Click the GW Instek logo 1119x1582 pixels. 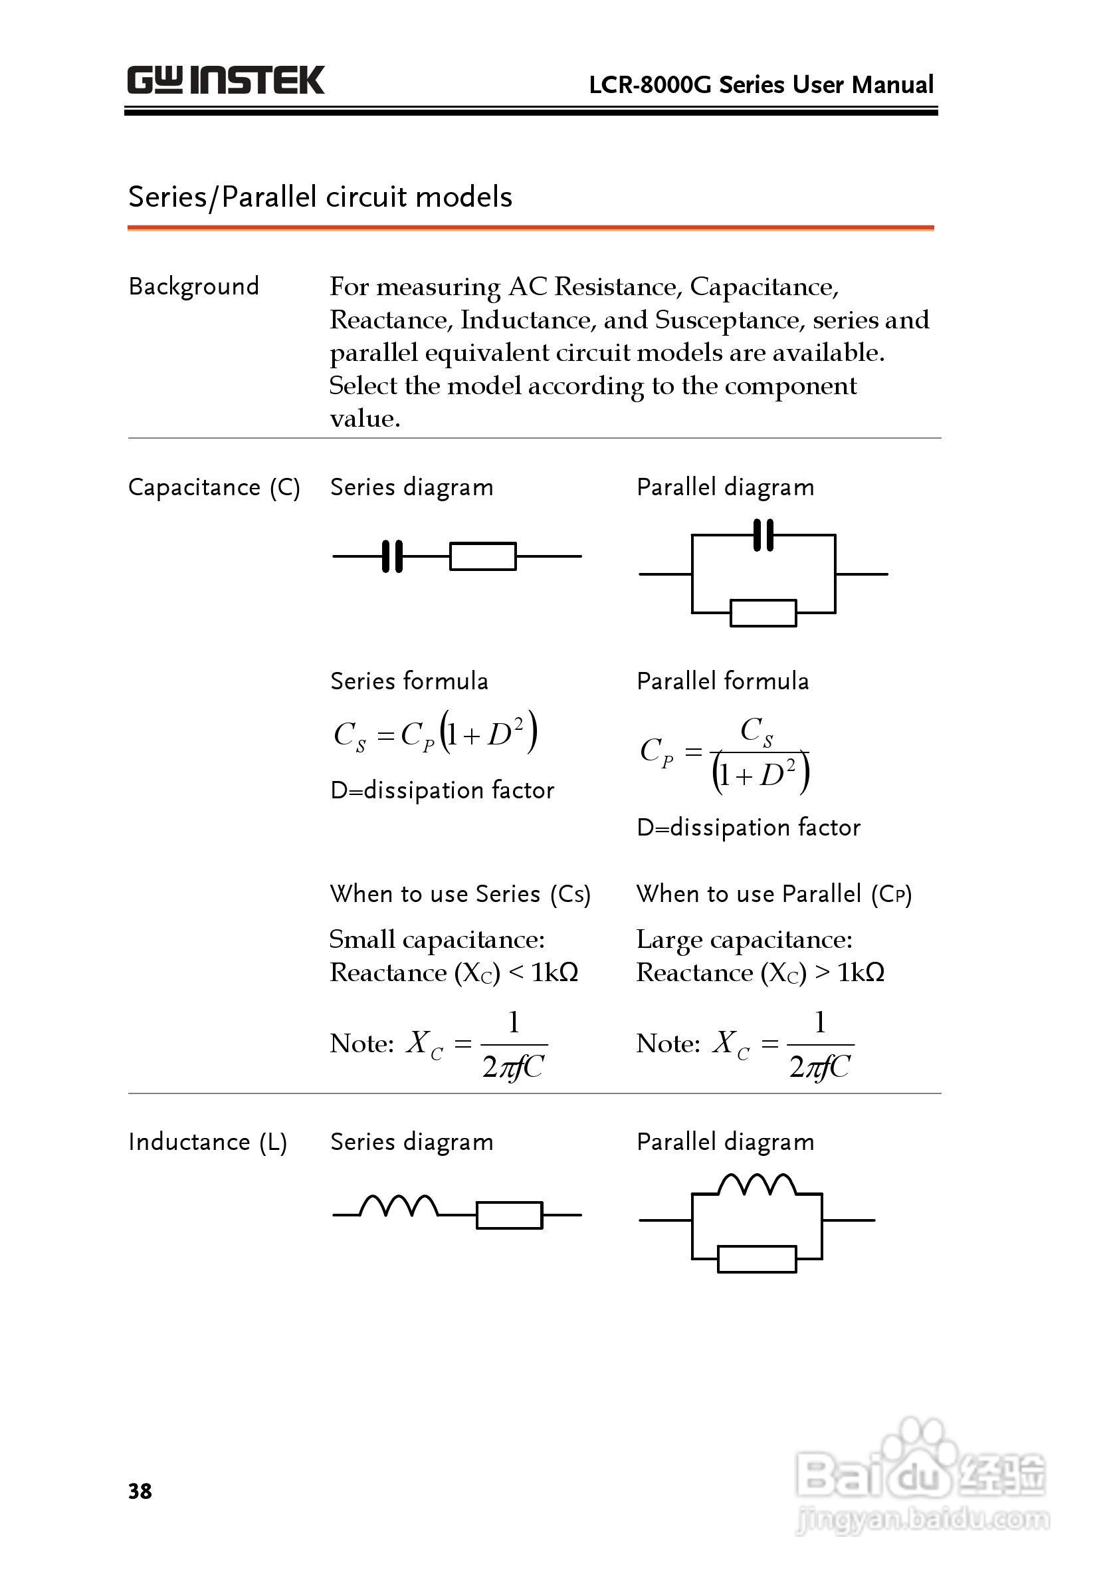(x=225, y=80)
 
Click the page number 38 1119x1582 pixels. (x=140, y=1491)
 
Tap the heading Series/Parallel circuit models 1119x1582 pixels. (x=320, y=197)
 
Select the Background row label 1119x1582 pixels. (x=193, y=286)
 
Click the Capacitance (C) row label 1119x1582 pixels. (x=213, y=487)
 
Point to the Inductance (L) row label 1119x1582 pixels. (x=207, y=1142)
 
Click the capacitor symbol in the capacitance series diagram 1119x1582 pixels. (x=392, y=556)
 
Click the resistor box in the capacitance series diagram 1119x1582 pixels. (x=482, y=556)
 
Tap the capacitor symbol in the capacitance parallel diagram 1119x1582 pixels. (x=763, y=535)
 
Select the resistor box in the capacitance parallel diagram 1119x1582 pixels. (x=763, y=613)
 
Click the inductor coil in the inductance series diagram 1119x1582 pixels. (x=398, y=1206)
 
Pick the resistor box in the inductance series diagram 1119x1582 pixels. (x=509, y=1214)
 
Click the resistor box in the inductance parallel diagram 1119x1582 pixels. (x=757, y=1259)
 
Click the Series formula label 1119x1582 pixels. (x=409, y=681)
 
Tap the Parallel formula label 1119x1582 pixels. (x=722, y=681)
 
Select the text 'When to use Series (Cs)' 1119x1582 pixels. (x=460, y=894)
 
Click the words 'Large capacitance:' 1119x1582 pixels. (x=744, y=939)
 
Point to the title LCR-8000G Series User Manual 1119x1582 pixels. (x=761, y=85)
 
